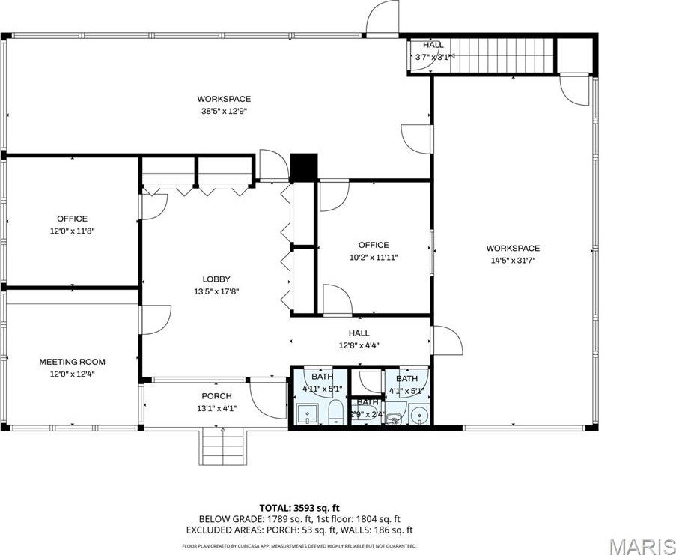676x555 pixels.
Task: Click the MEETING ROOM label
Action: coord(73,362)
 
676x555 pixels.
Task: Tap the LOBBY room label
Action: coord(215,279)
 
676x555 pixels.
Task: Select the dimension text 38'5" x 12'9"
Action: coord(224,110)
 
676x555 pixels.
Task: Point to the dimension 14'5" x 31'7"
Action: coord(513,260)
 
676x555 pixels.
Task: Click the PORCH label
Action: coord(216,396)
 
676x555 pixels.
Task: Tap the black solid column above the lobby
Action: coord(304,166)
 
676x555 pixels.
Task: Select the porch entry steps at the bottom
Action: coord(222,446)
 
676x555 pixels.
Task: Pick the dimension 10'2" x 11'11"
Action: coord(373,257)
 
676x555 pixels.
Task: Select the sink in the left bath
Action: coord(307,414)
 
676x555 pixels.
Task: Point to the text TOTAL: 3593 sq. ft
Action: coord(299,507)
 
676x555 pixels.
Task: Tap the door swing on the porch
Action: coord(268,400)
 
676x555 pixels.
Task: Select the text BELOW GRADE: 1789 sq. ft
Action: coord(245,518)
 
